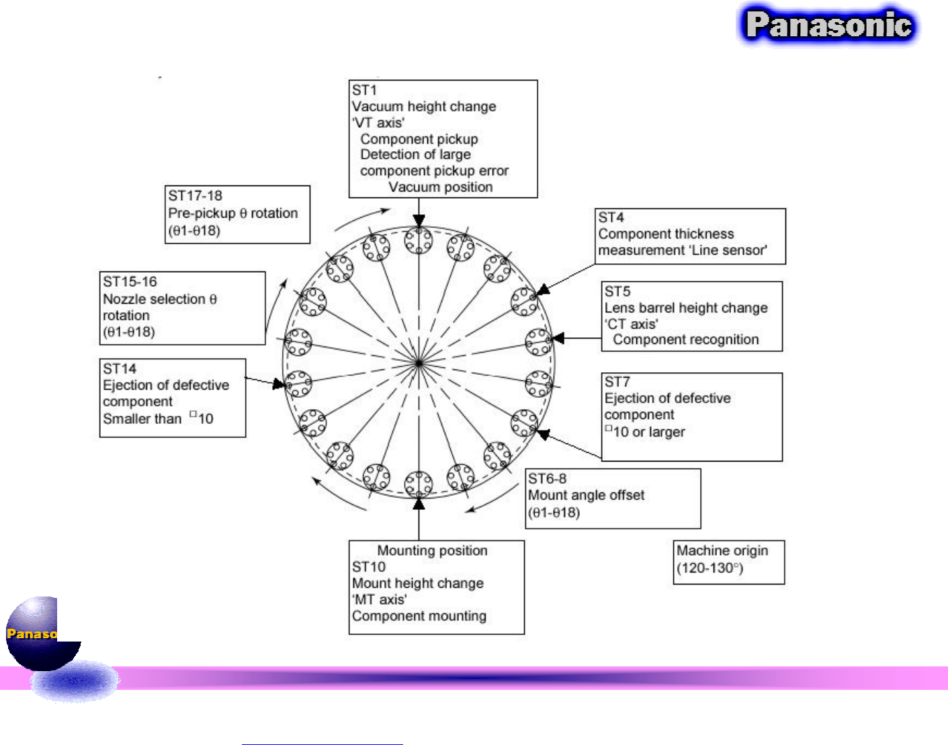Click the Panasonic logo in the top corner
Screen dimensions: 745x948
click(829, 26)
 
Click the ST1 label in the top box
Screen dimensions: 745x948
click(365, 90)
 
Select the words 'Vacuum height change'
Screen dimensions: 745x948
click(424, 106)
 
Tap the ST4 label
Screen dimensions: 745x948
click(611, 218)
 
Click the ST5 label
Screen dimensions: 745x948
click(617, 292)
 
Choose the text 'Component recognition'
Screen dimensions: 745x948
click(685, 340)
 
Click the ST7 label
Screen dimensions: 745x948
click(617, 382)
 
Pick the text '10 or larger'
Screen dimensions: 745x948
click(648, 432)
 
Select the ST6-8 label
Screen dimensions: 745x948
click(548, 479)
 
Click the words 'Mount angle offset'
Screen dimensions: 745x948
click(586, 495)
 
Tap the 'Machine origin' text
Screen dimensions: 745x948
click(722, 551)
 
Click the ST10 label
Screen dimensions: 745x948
click(369, 567)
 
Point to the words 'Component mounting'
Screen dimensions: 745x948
click(419, 616)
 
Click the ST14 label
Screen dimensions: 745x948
click(120, 369)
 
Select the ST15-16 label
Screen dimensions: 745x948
click(130, 281)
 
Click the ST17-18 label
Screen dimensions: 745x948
click(195, 196)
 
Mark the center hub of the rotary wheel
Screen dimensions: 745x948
click(419, 363)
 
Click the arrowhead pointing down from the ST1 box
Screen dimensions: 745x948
click(419, 221)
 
